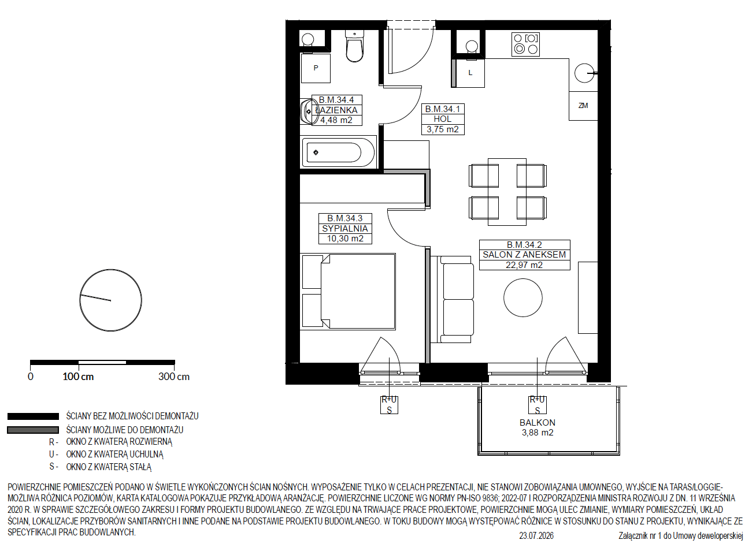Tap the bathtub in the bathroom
tap(339, 152)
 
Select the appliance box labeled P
tap(316, 68)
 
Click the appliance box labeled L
tap(470, 73)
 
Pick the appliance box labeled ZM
tap(583, 106)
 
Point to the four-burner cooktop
tap(525, 44)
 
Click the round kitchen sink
tap(584, 73)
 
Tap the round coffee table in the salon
tap(523, 298)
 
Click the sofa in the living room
tap(452, 299)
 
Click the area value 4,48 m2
tap(336, 120)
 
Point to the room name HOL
tap(443, 119)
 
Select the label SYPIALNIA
tap(345, 229)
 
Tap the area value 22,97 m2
tap(524, 265)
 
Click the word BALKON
tap(538, 423)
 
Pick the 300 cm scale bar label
tap(174, 377)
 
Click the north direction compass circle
tap(110, 300)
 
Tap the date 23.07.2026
tap(536, 536)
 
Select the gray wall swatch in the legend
tap(33, 430)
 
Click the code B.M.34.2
tap(524, 245)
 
